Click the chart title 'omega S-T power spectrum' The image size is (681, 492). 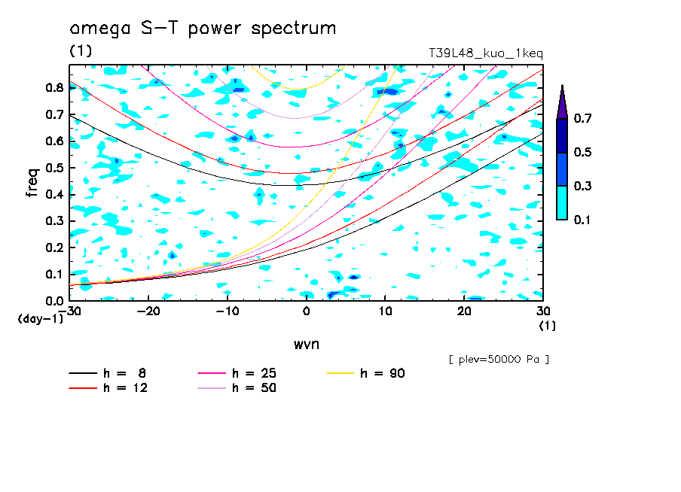(x=202, y=29)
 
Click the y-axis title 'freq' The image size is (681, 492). (x=32, y=182)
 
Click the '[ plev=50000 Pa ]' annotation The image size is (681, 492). (x=498, y=360)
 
